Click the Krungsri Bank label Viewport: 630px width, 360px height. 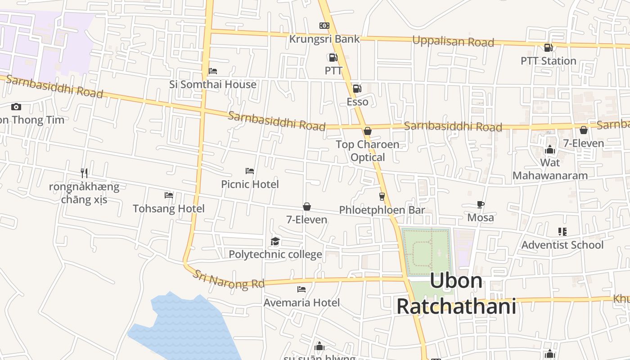(x=324, y=39)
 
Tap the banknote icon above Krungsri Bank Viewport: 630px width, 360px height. (x=324, y=26)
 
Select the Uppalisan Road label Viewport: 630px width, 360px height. (x=453, y=41)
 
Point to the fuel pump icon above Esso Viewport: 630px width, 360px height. (x=357, y=89)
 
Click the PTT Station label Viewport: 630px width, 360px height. (x=548, y=61)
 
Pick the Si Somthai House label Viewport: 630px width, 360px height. (x=213, y=84)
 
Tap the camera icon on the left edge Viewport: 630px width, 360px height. (x=16, y=107)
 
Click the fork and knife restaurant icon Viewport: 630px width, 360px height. (x=84, y=173)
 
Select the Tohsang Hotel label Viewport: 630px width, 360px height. (x=169, y=208)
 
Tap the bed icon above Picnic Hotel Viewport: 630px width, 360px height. (x=250, y=171)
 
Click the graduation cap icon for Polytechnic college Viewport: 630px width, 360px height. (x=275, y=242)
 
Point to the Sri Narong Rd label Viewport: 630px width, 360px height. (x=228, y=279)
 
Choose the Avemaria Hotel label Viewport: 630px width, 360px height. (x=301, y=302)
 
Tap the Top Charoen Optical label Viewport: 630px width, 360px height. (x=368, y=151)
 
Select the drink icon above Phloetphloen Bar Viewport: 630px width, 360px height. (x=382, y=196)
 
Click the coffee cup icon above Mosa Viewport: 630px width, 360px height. (x=481, y=204)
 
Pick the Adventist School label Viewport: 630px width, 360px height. (x=562, y=245)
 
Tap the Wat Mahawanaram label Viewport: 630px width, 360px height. (x=550, y=169)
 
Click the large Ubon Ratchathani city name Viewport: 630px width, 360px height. (x=456, y=293)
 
